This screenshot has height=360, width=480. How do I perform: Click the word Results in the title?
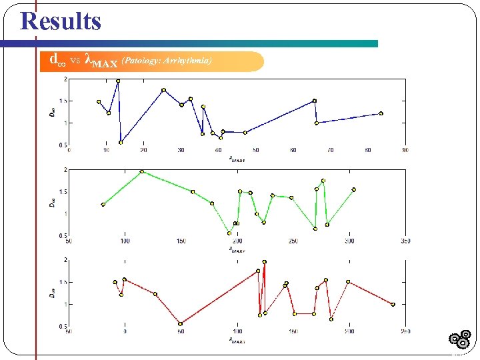[61, 21]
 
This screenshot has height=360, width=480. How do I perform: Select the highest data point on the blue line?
[118, 81]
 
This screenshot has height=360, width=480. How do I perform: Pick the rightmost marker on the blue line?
[381, 113]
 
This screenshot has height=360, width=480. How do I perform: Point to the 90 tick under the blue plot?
[405, 150]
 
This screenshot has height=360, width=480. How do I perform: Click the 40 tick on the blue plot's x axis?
[219, 150]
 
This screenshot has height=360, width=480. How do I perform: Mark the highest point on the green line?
[142, 171]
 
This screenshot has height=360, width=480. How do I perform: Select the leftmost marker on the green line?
[103, 205]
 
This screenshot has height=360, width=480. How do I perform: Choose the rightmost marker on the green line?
[354, 189]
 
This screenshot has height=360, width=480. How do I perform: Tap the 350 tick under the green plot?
[403, 241]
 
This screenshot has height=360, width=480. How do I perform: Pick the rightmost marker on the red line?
[393, 304]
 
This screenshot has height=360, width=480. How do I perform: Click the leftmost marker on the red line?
[115, 282]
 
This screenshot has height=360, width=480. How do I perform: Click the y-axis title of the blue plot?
[53, 112]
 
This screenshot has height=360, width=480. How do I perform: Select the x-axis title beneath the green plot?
[237, 249]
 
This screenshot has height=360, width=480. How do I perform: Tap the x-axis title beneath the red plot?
[237, 340]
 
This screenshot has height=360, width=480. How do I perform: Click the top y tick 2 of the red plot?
[65, 259]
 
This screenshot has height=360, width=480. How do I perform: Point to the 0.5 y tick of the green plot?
[63, 235]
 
